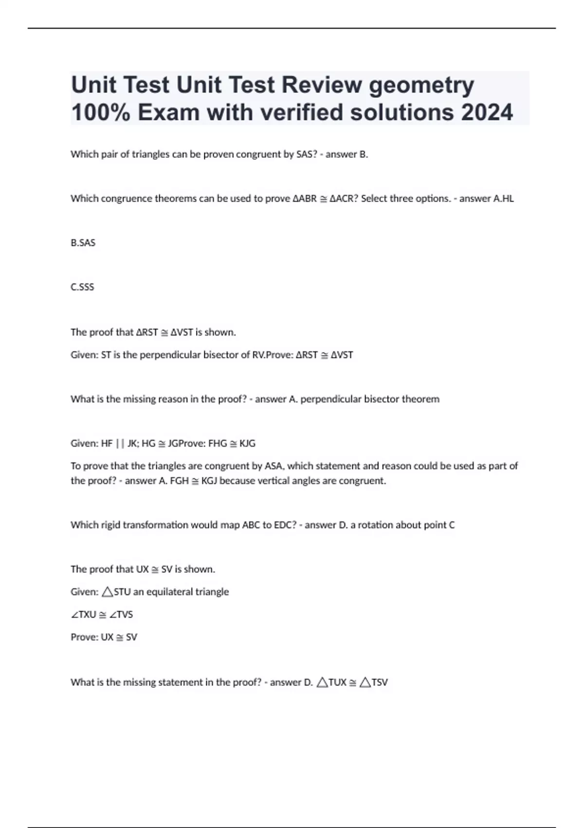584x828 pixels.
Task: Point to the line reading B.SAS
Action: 83,243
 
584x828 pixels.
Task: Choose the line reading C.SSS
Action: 83,287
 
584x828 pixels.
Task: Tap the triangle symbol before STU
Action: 107,592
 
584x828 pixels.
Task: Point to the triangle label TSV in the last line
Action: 379,682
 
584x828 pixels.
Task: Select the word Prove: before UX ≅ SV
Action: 84,637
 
